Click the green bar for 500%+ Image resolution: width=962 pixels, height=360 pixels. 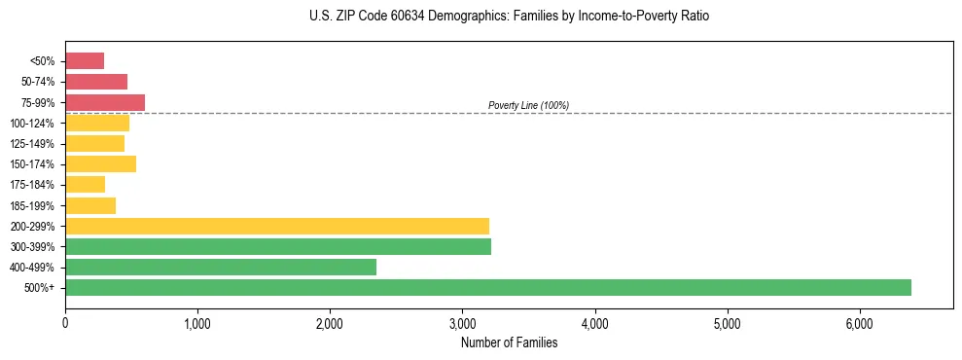point(488,287)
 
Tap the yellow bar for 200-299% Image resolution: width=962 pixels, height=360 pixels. point(277,226)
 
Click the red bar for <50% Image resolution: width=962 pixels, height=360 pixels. point(85,61)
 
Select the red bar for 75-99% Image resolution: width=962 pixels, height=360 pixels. point(105,102)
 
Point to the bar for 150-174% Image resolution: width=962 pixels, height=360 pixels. point(100,163)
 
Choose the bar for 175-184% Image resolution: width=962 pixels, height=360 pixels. point(85,184)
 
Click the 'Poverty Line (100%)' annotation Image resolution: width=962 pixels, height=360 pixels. point(528,105)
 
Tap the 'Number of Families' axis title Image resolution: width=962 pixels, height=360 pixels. point(509,342)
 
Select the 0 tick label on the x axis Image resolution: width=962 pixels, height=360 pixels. point(65,323)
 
